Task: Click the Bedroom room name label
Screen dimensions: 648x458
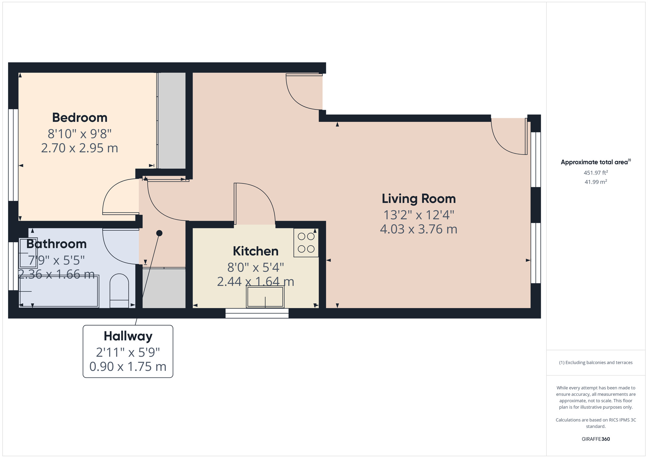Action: click(x=80, y=118)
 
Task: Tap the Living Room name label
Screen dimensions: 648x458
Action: click(x=419, y=199)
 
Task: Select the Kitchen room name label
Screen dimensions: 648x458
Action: click(x=256, y=251)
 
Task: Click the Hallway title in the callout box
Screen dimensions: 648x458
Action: click(x=128, y=337)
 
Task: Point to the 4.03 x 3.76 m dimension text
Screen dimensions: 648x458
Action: click(x=419, y=229)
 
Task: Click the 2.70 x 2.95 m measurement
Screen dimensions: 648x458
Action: click(x=80, y=148)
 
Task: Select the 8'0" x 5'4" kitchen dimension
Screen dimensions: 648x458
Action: click(x=256, y=268)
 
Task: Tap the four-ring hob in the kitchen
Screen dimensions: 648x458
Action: click(x=306, y=243)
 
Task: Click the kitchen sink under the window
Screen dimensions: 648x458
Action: click(x=265, y=297)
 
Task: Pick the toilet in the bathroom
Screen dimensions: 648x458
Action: click(x=119, y=291)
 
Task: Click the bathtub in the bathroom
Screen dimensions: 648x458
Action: click(x=59, y=291)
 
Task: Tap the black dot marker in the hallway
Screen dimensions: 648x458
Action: click(x=159, y=233)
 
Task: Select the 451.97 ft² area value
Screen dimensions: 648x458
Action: click(x=596, y=173)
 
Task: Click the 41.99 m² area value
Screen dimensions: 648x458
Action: click(x=596, y=182)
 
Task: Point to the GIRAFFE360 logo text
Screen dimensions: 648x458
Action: click(x=596, y=439)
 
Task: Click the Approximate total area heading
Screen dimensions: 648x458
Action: click(x=596, y=162)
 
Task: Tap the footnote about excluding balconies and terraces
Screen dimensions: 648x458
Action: click(x=596, y=362)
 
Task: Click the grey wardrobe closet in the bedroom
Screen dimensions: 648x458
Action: click(x=171, y=120)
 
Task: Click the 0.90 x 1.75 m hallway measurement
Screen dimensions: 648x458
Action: click(x=128, y=367)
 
